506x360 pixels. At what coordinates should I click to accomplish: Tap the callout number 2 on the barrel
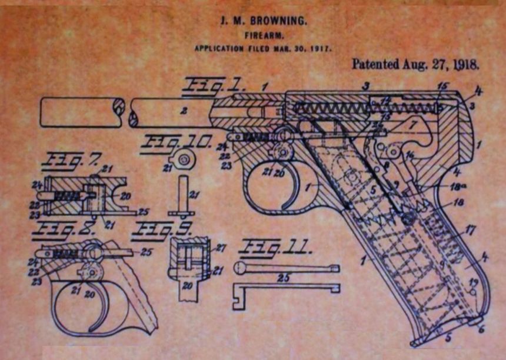click(x=184, y=110)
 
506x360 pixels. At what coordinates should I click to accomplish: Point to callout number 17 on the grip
click(x=469, y=231)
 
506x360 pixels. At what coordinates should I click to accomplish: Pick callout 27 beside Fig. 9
click(x=221, y=248)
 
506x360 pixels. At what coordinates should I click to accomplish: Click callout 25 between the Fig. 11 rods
click(x=284, y=277)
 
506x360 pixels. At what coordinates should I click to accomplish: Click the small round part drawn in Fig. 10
click(x=184, y=159)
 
